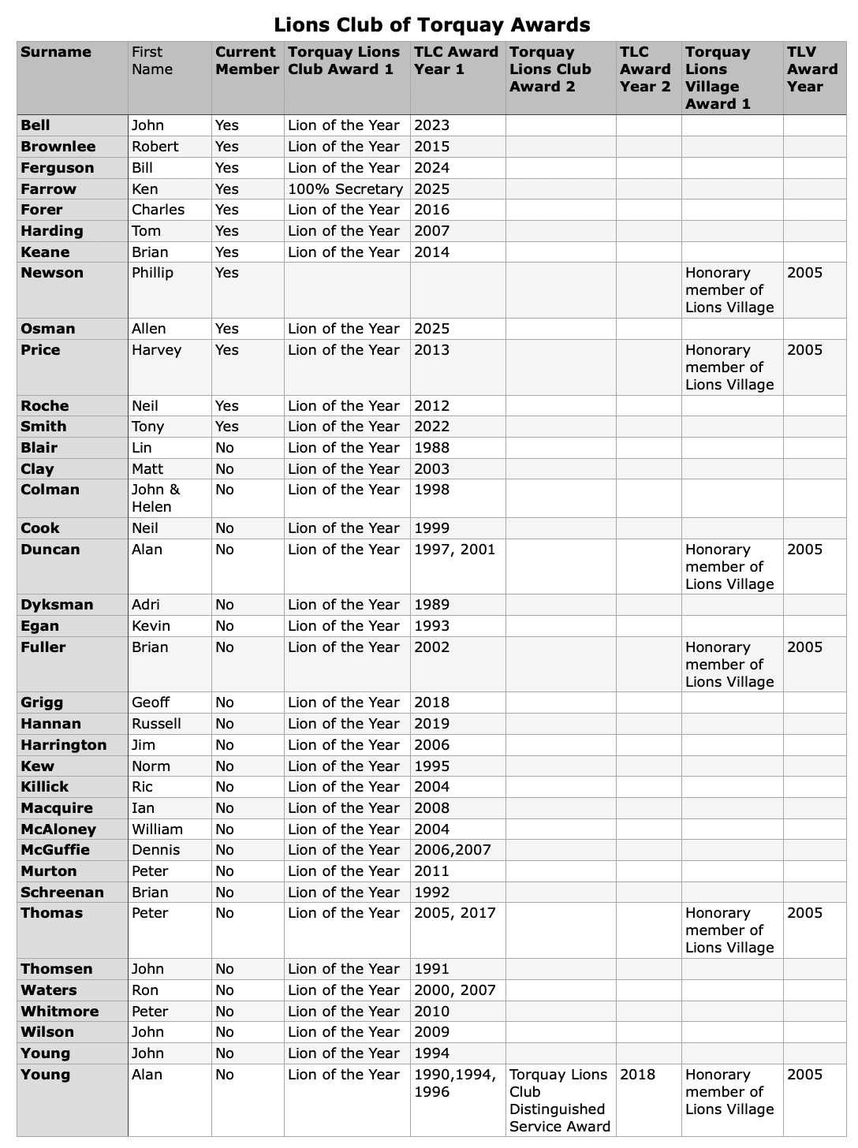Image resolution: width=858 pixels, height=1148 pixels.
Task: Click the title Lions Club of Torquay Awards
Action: coord(431,24)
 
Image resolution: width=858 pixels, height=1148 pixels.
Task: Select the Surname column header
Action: coord(56,52)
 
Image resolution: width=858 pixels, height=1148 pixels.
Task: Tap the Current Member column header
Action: coord(247,61)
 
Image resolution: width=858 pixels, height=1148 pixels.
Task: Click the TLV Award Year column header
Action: coord(812,69)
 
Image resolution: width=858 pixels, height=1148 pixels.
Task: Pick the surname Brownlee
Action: coord(58,147)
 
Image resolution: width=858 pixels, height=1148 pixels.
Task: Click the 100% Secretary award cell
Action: coord(345,189)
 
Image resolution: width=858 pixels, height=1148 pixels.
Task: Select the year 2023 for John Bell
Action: coord(431,125)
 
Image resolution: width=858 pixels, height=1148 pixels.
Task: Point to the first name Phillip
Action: coord(152,273)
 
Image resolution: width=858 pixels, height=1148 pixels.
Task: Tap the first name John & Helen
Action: coord(156,498)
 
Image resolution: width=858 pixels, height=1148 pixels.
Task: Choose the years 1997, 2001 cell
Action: coord(454,550)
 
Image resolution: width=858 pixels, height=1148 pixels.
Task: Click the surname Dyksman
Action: coord(57,605)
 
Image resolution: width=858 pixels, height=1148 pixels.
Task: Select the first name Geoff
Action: coord(151,703)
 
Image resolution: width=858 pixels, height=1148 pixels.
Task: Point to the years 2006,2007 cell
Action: coord(452,850)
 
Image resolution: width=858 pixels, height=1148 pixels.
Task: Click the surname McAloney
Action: coord(58,829)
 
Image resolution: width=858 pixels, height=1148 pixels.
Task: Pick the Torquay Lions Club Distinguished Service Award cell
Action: coord(559,1101)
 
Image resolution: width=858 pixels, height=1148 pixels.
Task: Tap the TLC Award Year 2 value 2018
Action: coord(637,1075)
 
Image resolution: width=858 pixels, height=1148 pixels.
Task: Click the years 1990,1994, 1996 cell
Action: coord(454,1083)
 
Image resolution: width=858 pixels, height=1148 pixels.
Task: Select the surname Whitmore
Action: coord(60,1012)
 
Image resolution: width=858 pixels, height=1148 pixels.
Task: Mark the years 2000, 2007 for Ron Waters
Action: coord(454,990)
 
